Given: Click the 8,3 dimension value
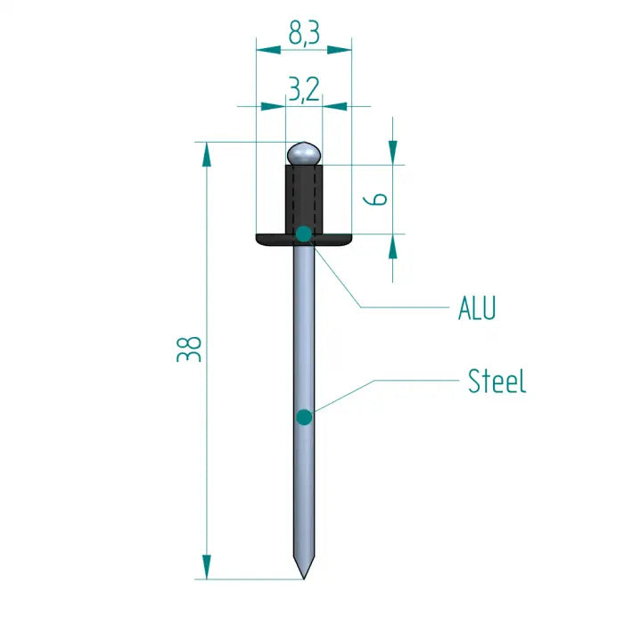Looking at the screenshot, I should point(304,34).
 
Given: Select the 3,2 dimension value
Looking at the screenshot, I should point(304,88).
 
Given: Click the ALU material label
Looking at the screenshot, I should point(477,308).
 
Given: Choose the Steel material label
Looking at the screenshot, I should point(497,382).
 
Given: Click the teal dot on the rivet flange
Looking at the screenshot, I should point(304,234).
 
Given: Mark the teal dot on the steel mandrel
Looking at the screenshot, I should point(304,416).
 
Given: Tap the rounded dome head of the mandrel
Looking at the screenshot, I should point(304,153).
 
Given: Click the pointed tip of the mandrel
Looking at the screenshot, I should point(304,574).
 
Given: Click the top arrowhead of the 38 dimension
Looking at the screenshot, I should point(207,152).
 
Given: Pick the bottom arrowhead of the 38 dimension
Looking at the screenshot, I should point(207,567).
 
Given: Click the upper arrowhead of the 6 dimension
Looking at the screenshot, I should point(392,152).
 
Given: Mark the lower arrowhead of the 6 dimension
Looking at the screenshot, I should point(392,246).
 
